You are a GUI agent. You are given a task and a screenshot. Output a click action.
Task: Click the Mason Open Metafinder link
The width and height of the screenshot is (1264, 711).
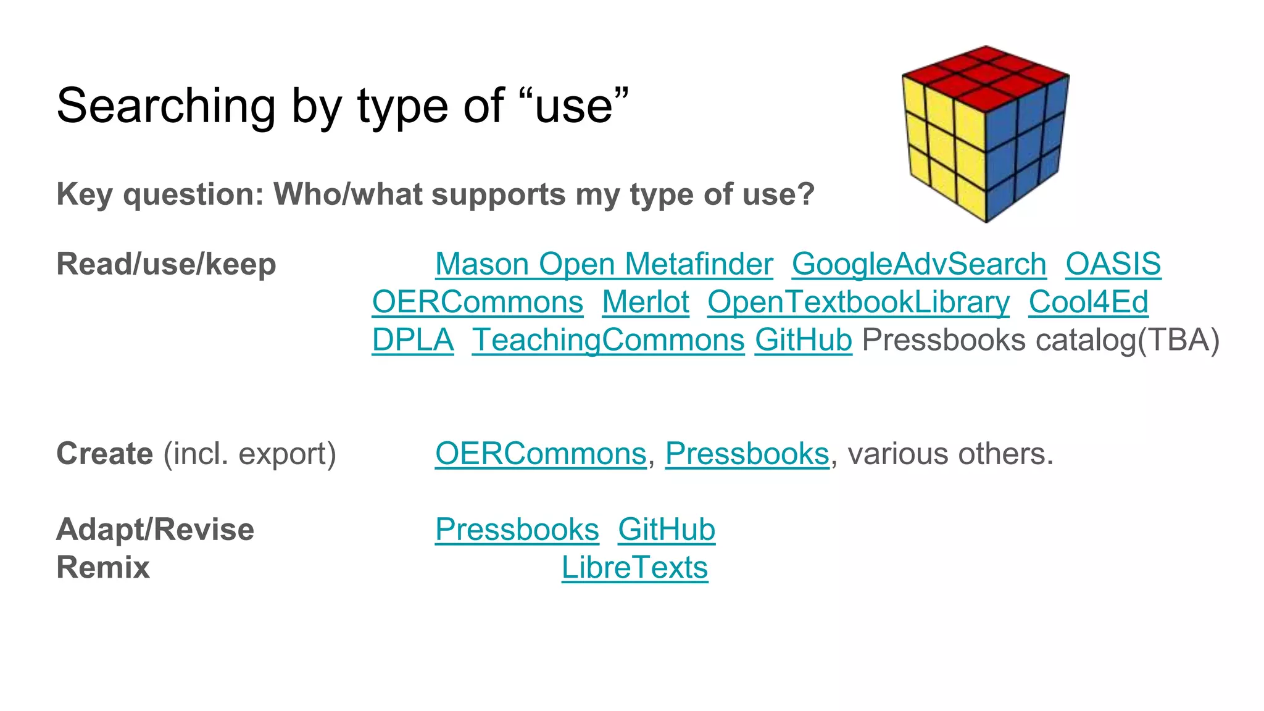click(604, 264)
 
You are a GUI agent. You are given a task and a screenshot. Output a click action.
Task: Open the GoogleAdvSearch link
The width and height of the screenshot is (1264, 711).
click(919, 264)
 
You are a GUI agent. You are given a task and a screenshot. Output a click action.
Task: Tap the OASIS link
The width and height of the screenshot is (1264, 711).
click(1113, 264)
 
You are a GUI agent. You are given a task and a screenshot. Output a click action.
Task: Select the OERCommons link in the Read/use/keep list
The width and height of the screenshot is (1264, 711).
click(477, 302)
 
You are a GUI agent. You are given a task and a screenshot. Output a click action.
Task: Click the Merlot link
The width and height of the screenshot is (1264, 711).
click(645, 302)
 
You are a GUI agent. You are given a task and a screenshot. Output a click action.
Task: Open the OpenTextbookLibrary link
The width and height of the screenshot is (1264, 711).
click(858, 302)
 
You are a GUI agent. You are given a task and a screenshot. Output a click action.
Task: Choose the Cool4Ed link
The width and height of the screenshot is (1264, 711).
click(1088, 302)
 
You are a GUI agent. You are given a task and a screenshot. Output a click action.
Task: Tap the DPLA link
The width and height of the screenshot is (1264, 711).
click(412, 340)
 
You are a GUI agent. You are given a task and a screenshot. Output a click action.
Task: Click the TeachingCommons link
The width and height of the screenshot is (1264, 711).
click(608, 340)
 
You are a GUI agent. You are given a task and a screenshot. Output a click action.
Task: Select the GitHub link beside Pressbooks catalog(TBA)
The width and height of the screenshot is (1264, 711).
click(803, 340)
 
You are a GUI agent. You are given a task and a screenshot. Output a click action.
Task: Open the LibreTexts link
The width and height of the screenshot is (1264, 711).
click(634, 567)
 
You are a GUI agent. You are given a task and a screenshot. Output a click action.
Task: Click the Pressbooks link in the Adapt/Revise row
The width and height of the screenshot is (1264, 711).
click(517, 530)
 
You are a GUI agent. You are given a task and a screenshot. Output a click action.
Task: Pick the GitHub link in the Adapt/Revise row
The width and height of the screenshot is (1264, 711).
click(667, 530)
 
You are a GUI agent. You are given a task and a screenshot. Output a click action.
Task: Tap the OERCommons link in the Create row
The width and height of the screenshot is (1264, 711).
click(540, 454)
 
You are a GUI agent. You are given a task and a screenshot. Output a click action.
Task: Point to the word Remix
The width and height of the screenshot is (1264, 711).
click(103, 567)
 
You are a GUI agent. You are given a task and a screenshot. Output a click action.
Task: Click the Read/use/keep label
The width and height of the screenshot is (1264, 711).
click(166, 264)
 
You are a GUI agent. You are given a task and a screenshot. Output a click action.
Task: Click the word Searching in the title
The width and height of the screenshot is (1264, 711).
click(165, 106)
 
